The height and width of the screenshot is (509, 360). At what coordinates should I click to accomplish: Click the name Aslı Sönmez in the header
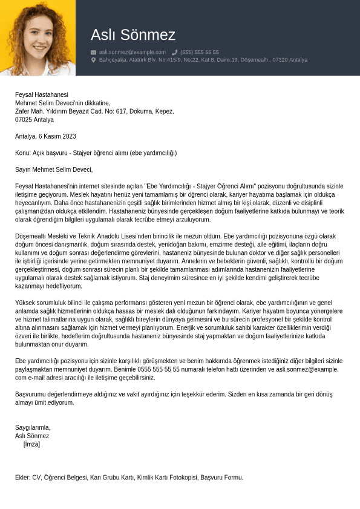point(133,35)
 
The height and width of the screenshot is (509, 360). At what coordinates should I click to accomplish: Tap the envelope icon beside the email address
point(93,53)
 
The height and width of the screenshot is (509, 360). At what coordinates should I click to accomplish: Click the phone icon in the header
point(174,53)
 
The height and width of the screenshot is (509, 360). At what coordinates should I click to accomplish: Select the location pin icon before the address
point(93,60)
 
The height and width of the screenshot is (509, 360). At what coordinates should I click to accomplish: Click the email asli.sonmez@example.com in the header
point(132,53)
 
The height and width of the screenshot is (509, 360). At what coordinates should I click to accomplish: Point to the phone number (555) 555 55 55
point(199,53)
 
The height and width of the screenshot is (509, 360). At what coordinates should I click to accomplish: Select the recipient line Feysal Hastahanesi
point(42,94)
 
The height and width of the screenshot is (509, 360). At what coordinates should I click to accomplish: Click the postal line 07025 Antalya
point(34,120)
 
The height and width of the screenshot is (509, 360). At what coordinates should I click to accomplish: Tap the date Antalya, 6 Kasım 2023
point(45,136)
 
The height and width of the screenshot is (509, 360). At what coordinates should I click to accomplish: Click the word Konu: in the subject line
point(23,153)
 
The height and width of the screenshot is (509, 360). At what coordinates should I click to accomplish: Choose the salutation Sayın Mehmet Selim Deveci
point(54,170)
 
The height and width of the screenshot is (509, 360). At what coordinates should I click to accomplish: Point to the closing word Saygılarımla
point(33,427)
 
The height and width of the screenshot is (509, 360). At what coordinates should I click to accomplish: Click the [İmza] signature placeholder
point(31,444)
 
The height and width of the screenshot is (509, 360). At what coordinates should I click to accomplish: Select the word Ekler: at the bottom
point(23,478)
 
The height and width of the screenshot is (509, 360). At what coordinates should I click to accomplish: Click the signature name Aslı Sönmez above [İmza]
point(32,436)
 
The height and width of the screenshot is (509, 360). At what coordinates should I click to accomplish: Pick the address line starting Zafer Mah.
point(94,111)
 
